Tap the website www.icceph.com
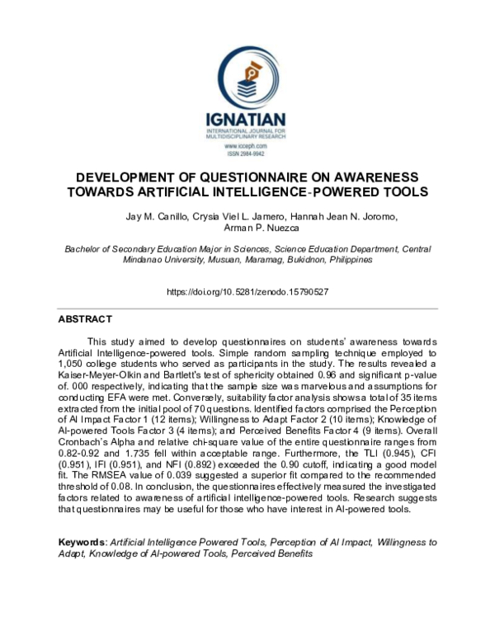click(247, 146)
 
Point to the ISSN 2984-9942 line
click(247, 153)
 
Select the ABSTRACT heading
click(85, 318)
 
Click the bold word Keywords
click(82, 542)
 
